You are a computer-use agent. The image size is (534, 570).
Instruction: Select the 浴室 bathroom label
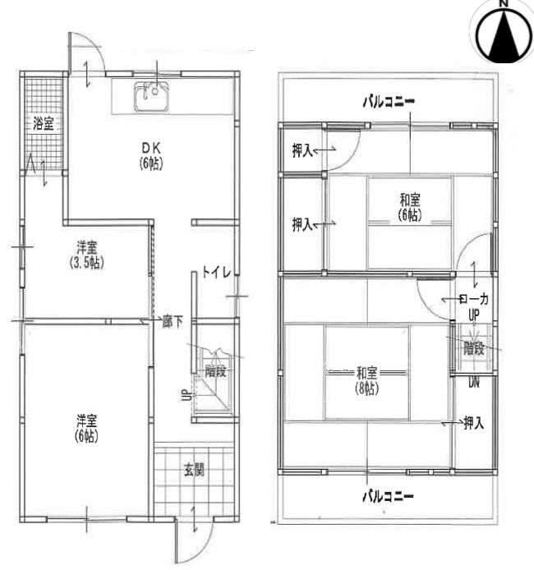pos(44,125)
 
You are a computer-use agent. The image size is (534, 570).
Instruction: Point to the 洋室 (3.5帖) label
pos(85,255)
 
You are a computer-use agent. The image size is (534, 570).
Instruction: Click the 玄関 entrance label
pos(193,471)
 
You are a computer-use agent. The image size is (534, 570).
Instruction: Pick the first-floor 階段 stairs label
pos(215,371)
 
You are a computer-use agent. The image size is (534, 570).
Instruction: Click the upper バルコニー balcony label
pos(389,102)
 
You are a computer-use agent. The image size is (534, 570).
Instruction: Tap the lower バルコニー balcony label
pos(389,496)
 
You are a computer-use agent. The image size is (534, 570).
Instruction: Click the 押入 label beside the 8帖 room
pos(472,423)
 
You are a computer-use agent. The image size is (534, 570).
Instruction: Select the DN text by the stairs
pos(474,381)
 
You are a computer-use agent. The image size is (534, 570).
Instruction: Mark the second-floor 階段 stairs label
pos(474,348)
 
